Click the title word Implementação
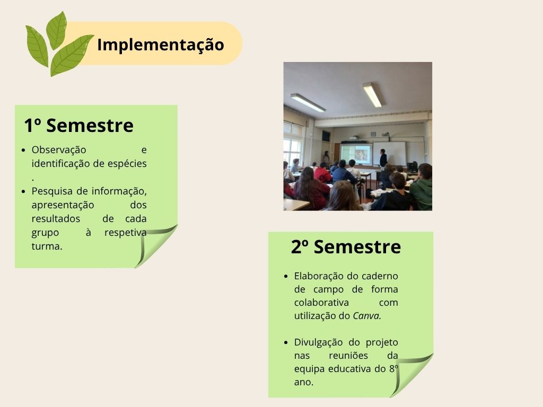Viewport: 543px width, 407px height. pyautogui.click(x=160, y=45)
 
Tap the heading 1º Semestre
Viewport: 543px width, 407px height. pyautogui.click(x=78, y=125)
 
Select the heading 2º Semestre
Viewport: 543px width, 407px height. pyautogui.click(x=346, y=247)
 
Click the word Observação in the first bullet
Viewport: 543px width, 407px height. pyautogui.click(x=59, y=150)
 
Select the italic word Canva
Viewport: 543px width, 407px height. pyautogui.click(x=367, y=316)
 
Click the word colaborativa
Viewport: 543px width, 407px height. pyautogui.click(x=321, y=303)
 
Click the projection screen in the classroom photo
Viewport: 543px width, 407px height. pyautogui.click(x=356, y=154)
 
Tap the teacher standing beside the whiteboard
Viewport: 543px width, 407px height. pyautogui.click(x=383, y=158)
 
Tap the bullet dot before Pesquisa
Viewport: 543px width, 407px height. pyautogui.click(x=23, y=191)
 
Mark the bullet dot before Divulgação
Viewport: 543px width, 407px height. pyautogui.click(x=286, y=343)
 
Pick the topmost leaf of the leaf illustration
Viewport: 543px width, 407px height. pyautogui.click(x=56, y=30)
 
